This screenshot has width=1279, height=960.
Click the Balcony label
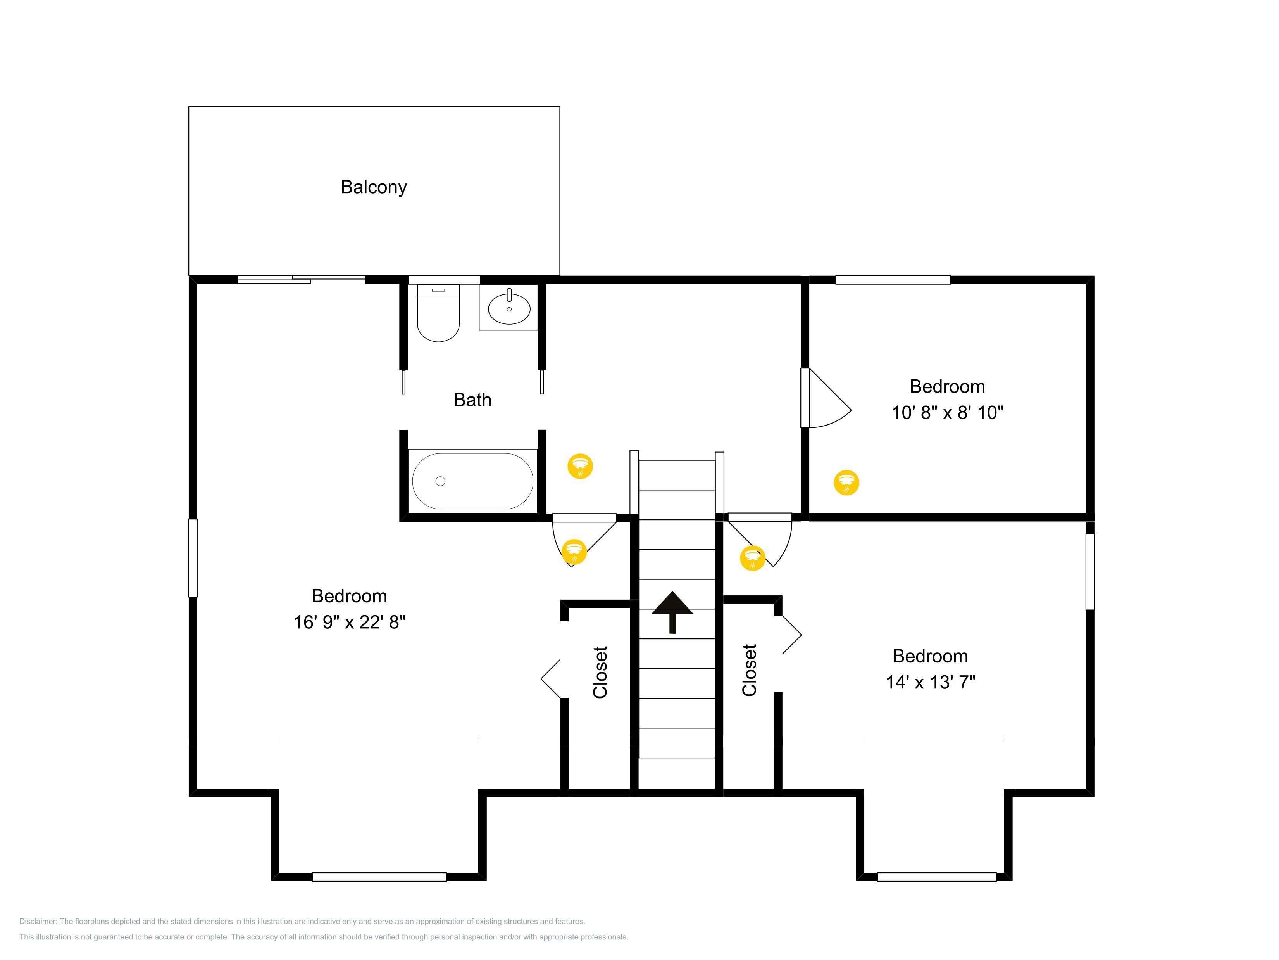[374, 187]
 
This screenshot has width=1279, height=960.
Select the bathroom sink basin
[509, 308]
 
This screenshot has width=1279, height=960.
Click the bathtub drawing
[472, 481]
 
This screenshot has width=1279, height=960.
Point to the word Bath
[472, 400]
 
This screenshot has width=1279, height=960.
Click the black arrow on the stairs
[672, 612]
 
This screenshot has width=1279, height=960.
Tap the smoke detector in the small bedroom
[846, 482]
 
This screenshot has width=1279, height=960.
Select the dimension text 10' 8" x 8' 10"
[948, 413]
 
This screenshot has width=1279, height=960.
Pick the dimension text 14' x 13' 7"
[930, 682]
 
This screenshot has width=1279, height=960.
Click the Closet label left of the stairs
[600, 672]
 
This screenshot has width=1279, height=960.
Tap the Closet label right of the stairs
[749, 670]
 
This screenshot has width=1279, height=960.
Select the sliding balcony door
[301, 280]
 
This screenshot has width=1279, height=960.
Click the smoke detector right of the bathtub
[581, 466]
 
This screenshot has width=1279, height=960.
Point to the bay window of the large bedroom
[379, 877]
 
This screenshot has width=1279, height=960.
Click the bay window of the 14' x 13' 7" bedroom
[937, 877]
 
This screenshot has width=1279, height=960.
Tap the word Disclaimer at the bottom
[38, 921]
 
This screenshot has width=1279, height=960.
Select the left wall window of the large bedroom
[193, 558]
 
